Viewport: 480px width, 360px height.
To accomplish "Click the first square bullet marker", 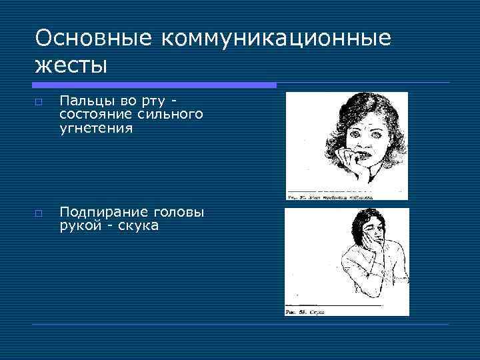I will point(39,103).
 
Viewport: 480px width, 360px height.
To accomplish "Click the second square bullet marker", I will point(39,215).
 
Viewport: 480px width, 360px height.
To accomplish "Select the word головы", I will point(179,213).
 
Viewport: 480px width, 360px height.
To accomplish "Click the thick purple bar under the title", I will point(154,85).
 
